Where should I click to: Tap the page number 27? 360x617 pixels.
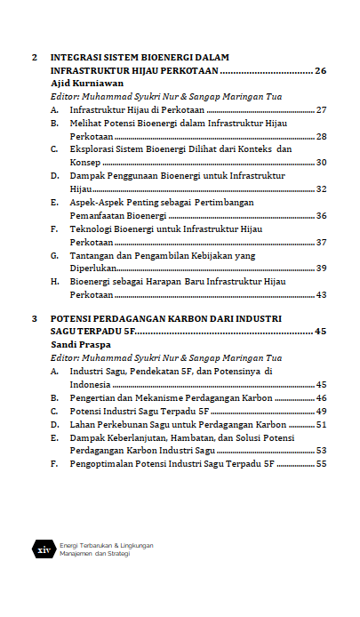tap(321, 109)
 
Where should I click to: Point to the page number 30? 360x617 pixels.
tap(321, 163)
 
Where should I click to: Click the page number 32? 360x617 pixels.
tap(321, 189)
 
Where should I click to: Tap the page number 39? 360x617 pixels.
tap(321, 268)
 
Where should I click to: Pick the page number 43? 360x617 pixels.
tap(321, 295)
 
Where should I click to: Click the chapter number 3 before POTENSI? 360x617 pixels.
tap(34, 317)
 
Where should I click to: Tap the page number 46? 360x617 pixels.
tap(321, 397)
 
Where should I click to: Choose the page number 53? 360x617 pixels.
tap(321, 451)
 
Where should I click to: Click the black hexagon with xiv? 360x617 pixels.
tap(44, 549)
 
